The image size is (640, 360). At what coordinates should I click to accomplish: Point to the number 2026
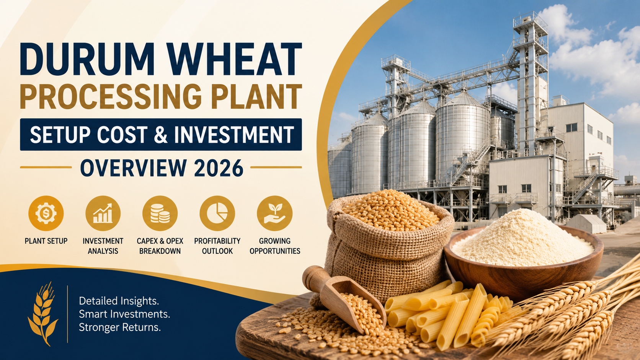[219, 168]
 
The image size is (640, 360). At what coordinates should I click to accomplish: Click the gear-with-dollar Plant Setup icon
[46, 213]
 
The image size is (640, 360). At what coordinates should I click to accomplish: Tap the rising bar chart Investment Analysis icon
[103, 213]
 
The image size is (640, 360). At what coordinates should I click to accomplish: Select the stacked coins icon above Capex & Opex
[160, 213]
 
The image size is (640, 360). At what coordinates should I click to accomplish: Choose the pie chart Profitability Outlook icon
[217, 213]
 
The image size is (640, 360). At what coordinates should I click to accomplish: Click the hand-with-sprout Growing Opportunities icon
[274, 213]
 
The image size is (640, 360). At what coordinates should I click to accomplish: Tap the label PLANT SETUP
[46, 241]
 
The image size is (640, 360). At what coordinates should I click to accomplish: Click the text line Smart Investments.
[124, 314]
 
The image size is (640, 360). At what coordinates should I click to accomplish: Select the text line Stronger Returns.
[120, 327]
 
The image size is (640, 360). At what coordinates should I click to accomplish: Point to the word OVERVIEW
[134, 168]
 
